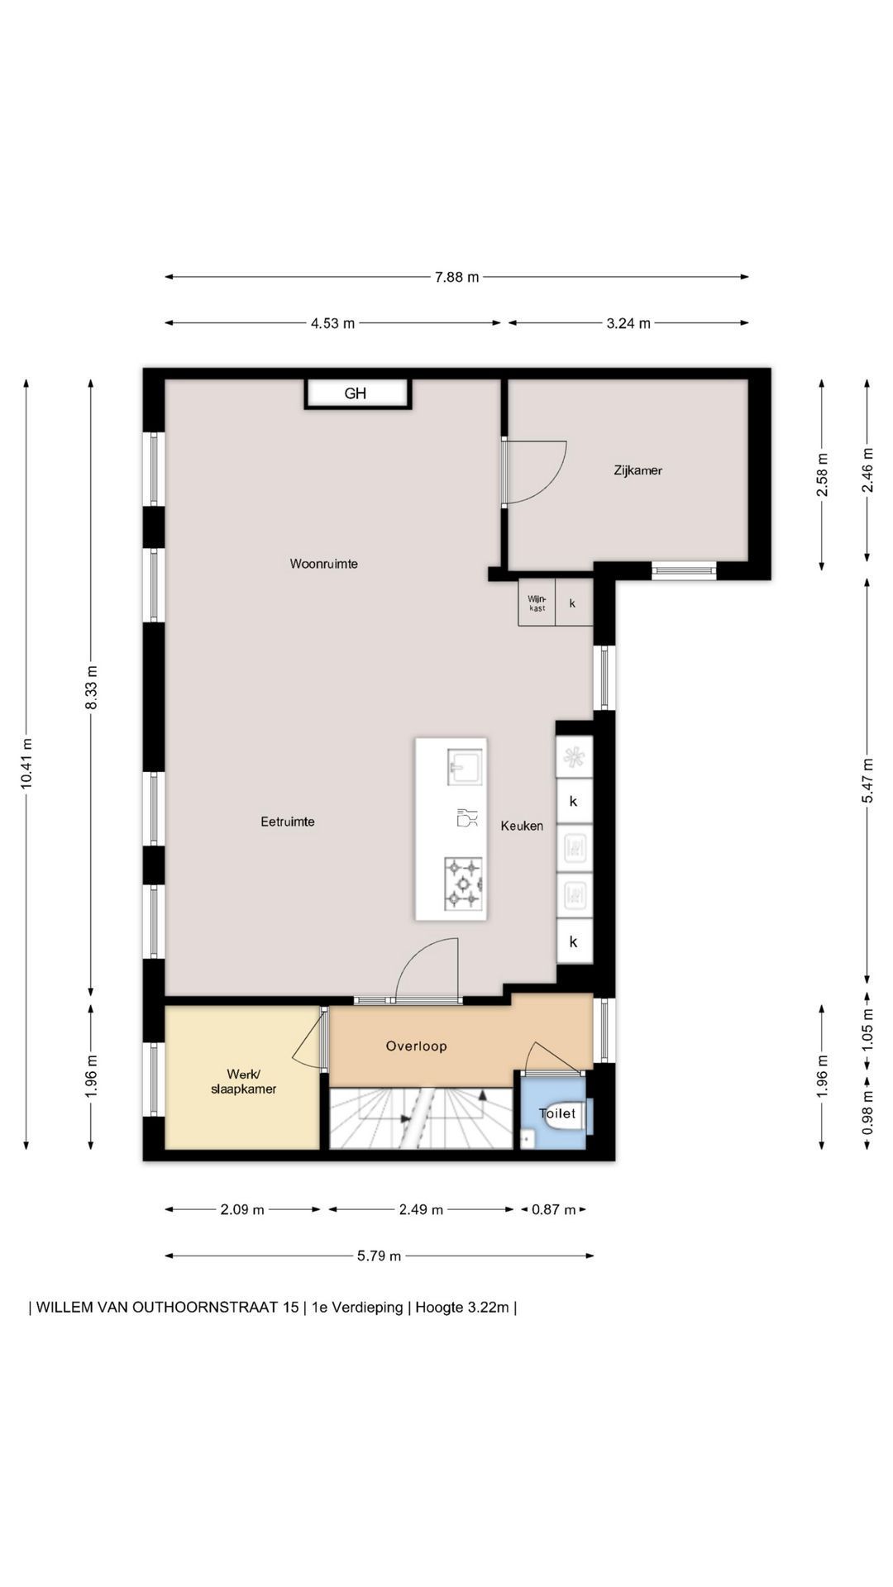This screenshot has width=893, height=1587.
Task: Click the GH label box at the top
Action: click(357, 393)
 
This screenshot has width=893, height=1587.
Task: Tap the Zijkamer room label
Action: click(638, 470)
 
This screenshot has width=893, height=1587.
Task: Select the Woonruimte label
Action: click(323, 564)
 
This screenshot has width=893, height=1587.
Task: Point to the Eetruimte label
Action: click(288, 822)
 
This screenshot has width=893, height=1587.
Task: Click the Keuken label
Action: click(522, 826)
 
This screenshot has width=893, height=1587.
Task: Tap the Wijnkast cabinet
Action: click(537, 603)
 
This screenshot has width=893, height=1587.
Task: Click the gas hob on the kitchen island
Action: click(463, 882)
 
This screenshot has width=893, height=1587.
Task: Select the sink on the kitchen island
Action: click(463, 767)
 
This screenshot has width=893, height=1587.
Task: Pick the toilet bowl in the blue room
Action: click(566, 1115)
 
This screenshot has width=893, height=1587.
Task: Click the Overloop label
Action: click(416, 1046)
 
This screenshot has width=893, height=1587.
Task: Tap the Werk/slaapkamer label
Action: click(243, 1081)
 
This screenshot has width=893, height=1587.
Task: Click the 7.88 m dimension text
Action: click(456, 277)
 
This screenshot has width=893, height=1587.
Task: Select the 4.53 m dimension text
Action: click(332, 323)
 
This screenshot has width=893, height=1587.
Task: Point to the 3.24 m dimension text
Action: click(628, 323)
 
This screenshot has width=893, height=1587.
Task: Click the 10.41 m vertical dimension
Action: click(26, 764)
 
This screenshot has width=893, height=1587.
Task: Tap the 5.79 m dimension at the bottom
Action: click(379, 1256)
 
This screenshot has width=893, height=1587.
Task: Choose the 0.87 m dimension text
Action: click(553, 1210)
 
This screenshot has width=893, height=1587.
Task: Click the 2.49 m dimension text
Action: click(421, 1210)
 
